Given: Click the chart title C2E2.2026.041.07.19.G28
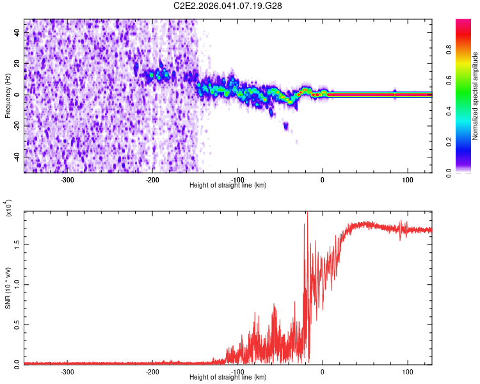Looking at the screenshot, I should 228,6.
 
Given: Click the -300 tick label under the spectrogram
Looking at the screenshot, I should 68,179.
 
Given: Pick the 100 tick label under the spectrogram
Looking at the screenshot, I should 407,179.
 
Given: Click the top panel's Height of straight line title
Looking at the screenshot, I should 228,185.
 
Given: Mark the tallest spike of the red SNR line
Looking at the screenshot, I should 307,214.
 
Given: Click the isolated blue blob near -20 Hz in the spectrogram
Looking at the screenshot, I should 285,125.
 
